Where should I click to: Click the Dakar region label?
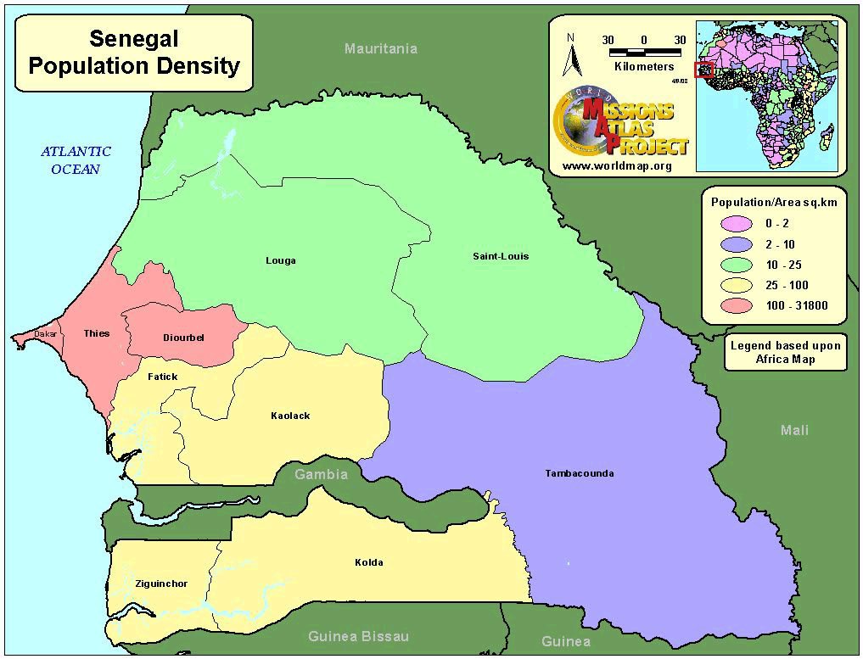pos(44,334)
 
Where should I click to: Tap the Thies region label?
pos(96,333)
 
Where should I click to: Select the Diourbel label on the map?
pos(183,338)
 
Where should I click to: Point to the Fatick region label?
pos(162,376)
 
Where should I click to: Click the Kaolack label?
pos(290,416)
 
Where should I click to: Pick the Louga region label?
pos(280,260)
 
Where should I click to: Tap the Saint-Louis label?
pos(501,256)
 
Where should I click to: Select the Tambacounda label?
pos(579,473)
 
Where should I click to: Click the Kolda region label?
pos(368,562)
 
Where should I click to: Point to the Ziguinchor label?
pos(161,584)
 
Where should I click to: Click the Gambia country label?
pos(321,474)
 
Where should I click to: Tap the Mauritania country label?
pos(380,48)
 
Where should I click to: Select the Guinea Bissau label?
pos(358,636)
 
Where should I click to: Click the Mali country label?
pos(794,430)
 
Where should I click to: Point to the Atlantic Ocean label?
pos(76,160)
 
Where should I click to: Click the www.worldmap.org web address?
pos(617,166)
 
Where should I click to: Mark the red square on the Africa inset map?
pos(703,70)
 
